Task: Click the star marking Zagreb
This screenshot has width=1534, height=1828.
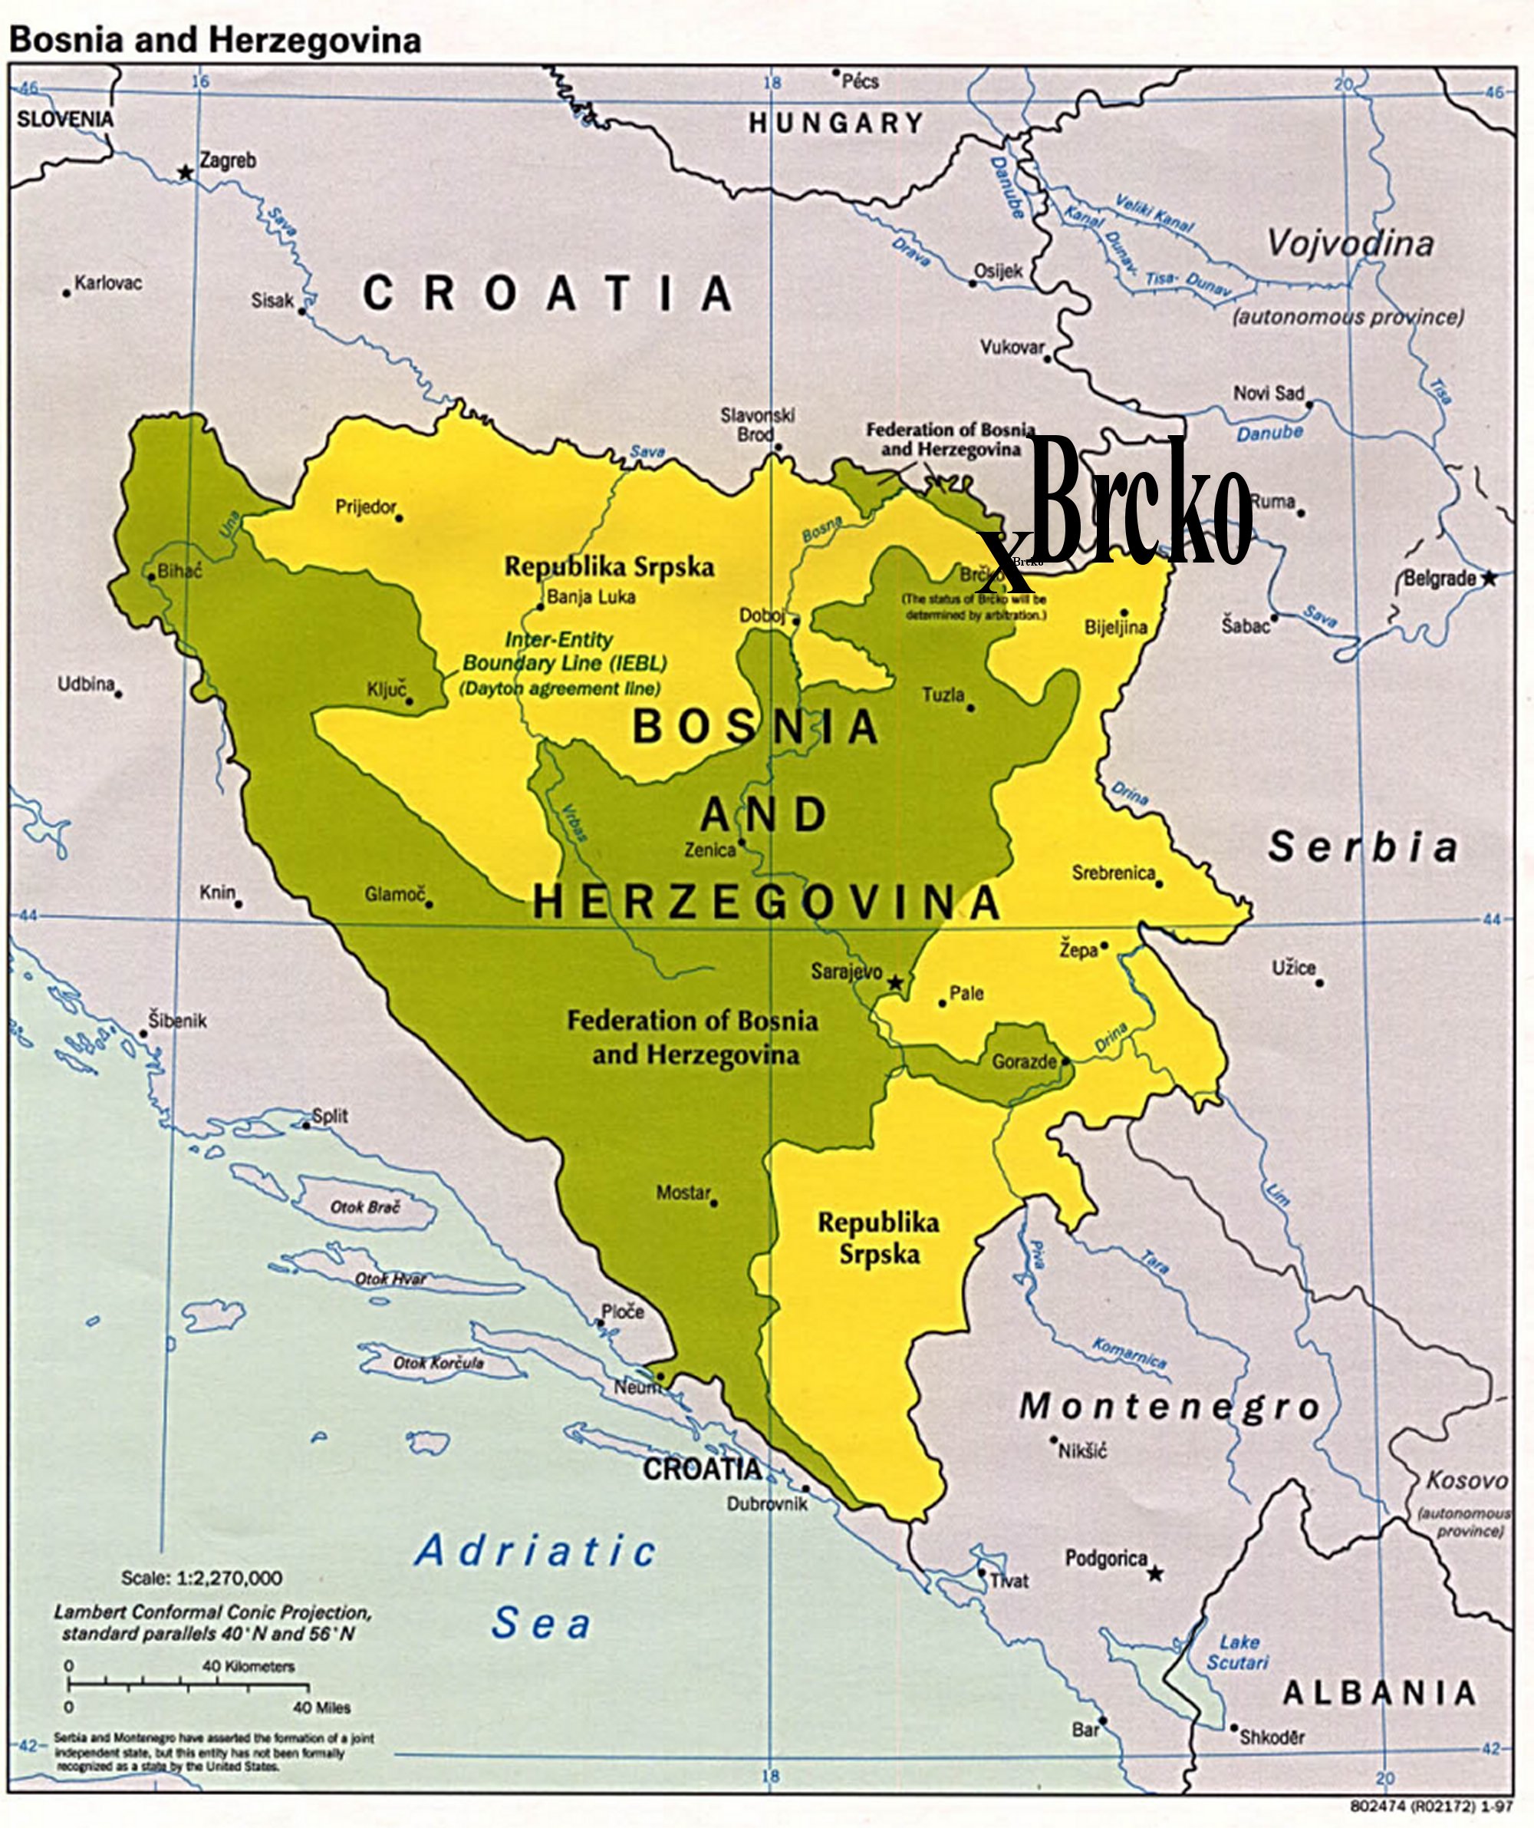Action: [x=184, y=173]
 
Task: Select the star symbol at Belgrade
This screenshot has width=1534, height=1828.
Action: [x=1489, y=578]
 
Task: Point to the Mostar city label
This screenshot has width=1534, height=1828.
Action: [x=683, y=1193]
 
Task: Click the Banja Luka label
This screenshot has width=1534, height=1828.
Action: [x=591, y=597]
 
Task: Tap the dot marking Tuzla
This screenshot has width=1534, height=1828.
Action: [x=971, y=708]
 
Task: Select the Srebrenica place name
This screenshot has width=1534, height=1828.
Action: [x=1113, y=873]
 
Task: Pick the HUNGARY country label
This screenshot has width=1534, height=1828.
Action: [x=835, y=124]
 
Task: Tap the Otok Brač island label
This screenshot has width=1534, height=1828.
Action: [x=364, y=1207]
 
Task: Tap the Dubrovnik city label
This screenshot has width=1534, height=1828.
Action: [x=766, y=1503]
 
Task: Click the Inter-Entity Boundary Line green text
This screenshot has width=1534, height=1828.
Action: [x=564, y=663]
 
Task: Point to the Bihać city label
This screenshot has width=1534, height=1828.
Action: [x=179, y=572]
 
